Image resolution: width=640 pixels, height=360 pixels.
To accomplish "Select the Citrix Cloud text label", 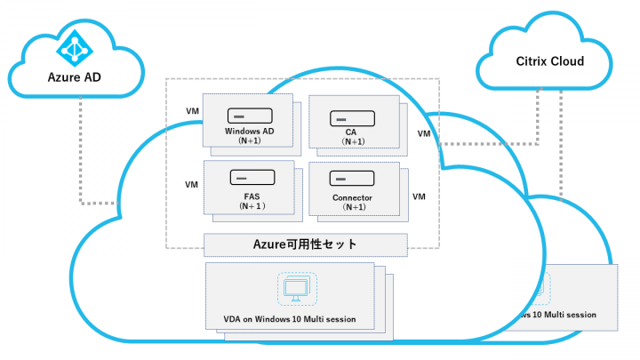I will pyautogui.click(x=550, y=62).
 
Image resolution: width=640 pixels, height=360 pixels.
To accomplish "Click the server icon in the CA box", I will pyautogui.click(x=343, y=118).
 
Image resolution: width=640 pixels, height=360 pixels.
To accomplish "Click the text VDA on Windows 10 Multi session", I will pyautogui.click(x=295, y=316).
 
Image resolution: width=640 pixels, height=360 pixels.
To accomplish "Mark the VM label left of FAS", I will pyautogui.click(x=191, y=185).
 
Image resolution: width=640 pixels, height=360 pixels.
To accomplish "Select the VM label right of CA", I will pyautogui.click(x=424, y=133).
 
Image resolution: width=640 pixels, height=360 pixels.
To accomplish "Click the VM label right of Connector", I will pyautogui.click(x=420, y=195).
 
